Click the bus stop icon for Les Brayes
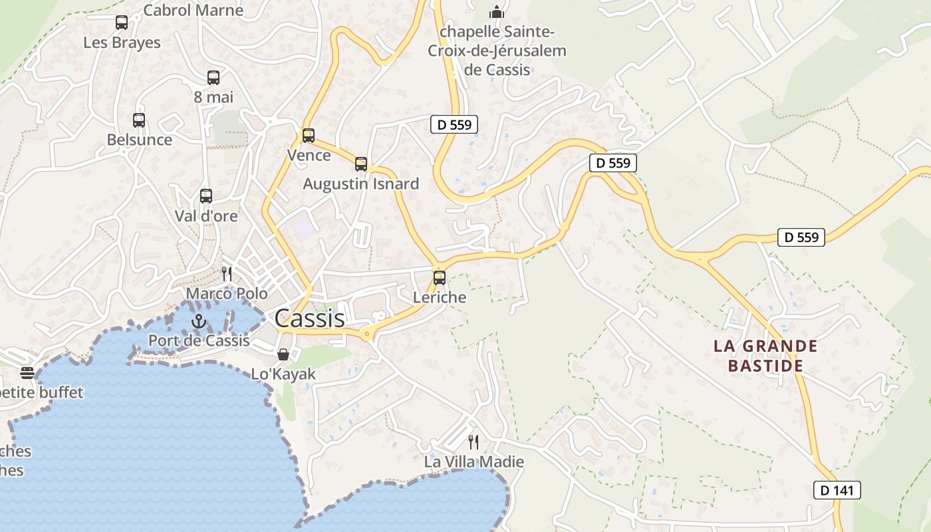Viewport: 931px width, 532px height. point(122,23)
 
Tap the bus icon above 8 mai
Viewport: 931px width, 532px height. point(213,78)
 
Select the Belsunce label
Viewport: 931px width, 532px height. point(140,140)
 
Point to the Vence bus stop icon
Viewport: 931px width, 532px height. point(309,136)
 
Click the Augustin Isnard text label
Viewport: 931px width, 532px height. point(361,184)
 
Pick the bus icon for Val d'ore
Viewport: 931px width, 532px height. point(206,196)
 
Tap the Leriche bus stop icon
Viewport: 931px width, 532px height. point(440,278)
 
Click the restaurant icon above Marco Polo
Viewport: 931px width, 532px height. point(227,273)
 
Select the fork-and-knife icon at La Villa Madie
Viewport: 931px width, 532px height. point(473,442)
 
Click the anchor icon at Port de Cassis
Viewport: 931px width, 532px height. point(199,322)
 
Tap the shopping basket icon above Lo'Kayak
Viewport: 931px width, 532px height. point(283,354)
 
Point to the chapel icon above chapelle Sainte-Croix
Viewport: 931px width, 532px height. point(496,12)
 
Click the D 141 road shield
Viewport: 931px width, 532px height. point(837,490)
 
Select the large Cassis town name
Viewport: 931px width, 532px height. point(310,318)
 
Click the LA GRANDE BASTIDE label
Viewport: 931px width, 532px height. point(765,356)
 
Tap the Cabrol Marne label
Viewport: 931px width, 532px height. point(194,10)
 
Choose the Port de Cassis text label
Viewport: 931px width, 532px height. point(199,340)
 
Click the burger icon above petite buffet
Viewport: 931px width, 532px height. point(27,372)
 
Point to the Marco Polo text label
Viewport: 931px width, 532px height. point(227,293)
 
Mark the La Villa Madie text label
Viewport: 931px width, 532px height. point(474,462)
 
